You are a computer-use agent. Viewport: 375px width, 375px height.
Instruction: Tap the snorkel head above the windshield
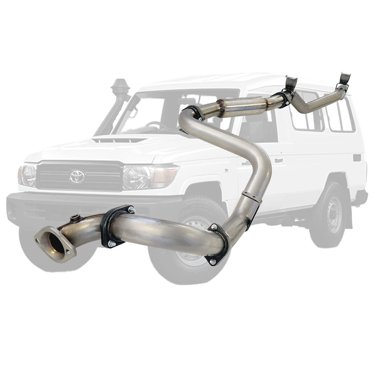119,87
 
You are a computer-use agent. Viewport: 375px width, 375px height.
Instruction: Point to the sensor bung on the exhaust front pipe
75,219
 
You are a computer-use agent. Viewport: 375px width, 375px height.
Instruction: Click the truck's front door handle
279,160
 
